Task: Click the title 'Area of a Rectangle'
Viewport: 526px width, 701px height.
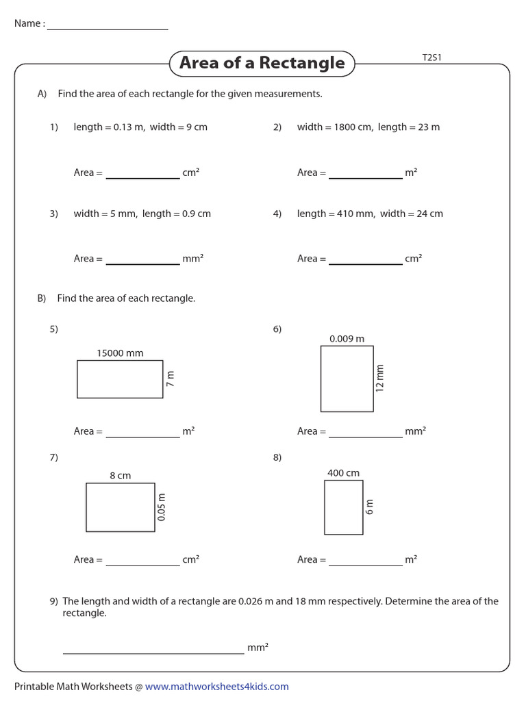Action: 262,63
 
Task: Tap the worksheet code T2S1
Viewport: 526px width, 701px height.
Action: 431,58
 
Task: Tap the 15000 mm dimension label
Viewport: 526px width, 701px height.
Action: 120,353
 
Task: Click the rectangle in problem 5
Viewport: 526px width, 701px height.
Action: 120,379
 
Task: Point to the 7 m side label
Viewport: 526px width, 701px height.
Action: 171,379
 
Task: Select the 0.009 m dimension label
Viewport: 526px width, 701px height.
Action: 347,339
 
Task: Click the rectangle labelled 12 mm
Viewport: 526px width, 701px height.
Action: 347,379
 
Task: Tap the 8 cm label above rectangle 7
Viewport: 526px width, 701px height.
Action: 120,476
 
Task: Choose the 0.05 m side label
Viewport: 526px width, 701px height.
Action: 162,507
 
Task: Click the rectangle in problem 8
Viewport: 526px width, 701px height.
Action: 343,507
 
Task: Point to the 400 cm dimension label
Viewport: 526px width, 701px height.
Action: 343,473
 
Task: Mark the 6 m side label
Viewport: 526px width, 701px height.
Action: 370,507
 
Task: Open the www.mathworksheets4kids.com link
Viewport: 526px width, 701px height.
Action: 216,687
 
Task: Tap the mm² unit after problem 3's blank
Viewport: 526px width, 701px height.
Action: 193,259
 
